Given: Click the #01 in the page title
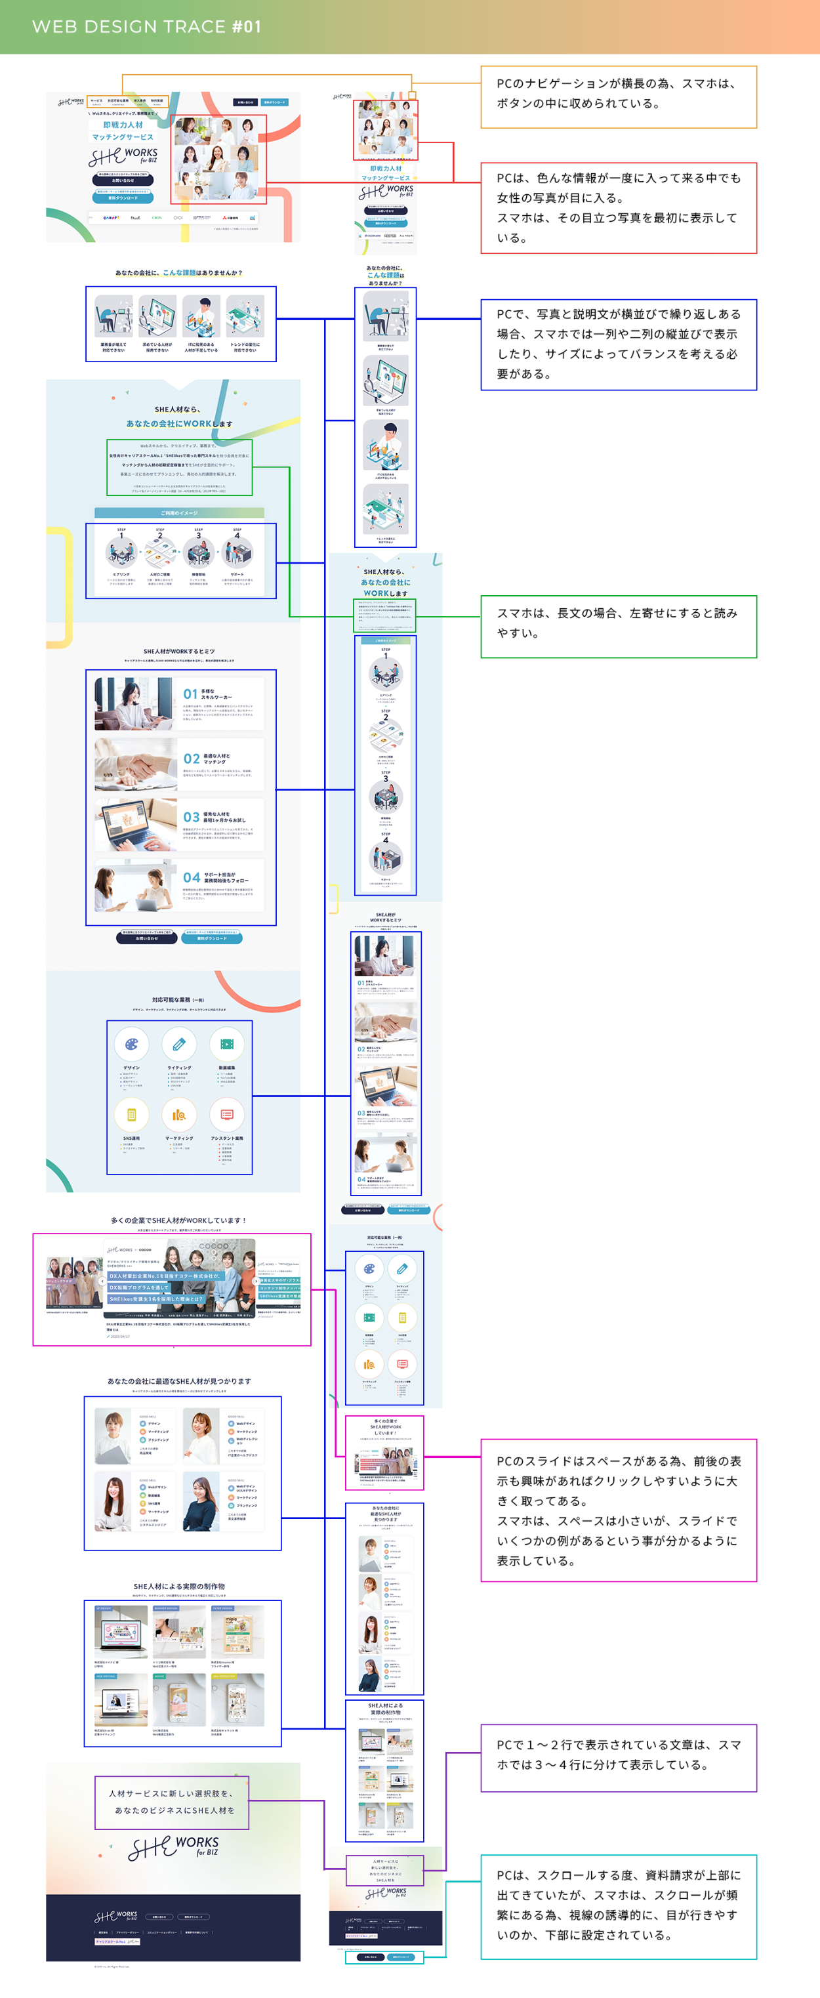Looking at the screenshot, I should pos(246,26).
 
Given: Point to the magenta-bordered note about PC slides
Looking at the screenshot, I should pos(619,1510).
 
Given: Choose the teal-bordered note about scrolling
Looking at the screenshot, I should pos(619,1907).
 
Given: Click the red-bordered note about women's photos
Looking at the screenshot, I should pos(619,208).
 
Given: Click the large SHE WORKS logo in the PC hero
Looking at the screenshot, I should pos(123,157).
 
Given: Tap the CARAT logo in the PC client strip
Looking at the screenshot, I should pos(111,218).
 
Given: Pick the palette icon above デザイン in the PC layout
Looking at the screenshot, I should pos(131,1044).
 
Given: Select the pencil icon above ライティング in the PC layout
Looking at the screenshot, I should pos(179,1044).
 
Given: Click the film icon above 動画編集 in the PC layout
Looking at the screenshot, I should pos(226,1044).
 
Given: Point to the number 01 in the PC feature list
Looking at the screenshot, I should pos(190,694).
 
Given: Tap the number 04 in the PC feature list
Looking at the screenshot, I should pos(191,878).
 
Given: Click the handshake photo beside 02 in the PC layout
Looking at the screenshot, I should pos(135,764).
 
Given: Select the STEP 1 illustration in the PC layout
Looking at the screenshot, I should pos(121,553).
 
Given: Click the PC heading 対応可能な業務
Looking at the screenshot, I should pos(178,1000).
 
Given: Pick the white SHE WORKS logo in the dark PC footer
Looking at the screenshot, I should pos(115,1917).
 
